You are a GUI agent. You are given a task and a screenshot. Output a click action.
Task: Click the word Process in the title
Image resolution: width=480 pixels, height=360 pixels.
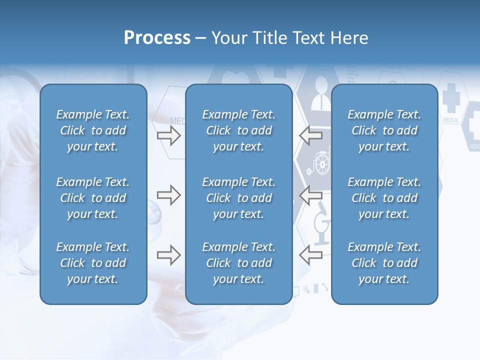[x=157, y=38]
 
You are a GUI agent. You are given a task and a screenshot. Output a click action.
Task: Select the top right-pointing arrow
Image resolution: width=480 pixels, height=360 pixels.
[x=168, y=135]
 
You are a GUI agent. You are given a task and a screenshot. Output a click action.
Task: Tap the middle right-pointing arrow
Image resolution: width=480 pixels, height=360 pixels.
[x=168, y=194]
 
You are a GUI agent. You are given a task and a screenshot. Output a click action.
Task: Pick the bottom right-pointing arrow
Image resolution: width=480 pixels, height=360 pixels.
[x=168, y=255]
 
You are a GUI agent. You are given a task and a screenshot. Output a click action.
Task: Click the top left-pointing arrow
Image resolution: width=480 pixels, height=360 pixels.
[x=310, y=135]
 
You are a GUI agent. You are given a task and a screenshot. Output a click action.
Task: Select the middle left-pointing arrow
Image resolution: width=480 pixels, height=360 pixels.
[x=310, y=194]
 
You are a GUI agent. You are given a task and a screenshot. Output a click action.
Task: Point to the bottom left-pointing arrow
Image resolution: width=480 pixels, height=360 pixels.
[x=310, y=255]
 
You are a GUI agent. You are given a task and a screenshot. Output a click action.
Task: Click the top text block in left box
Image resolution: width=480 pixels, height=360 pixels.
[x=93, y=130]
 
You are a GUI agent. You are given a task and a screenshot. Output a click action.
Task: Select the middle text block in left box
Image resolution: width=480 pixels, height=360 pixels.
[x=93, y=198]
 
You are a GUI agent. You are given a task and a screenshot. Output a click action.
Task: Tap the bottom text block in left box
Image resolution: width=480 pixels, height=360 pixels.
[x=93, y=263]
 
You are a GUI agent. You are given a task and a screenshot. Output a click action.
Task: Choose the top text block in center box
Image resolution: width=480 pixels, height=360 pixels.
[x=238, y=130]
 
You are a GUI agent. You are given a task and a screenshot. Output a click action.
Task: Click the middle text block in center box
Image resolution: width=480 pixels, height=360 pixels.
[x=238, y=198]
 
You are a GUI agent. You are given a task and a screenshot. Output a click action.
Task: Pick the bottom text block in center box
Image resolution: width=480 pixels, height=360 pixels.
[x=238, y=263]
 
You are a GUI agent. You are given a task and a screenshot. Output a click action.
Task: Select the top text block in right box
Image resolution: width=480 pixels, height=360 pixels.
[x=384, y=130]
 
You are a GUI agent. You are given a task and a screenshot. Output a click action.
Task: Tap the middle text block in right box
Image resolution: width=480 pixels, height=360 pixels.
[x=384, y=198]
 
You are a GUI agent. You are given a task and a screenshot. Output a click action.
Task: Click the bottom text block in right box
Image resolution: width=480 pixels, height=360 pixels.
[x=384, y=263]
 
